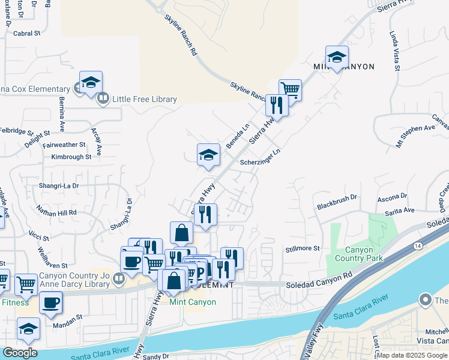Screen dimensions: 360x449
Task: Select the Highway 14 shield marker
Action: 417,246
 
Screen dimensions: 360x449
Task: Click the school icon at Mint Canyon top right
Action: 337,56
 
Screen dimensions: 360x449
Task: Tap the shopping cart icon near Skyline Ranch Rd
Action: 290,89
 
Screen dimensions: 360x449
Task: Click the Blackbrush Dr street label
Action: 337,201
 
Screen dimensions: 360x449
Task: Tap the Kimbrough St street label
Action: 71,157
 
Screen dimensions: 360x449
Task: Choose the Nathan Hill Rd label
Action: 56,211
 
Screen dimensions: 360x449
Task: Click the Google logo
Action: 19,353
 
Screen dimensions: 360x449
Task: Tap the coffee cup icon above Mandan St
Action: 51,302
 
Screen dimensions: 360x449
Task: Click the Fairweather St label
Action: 64,145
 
